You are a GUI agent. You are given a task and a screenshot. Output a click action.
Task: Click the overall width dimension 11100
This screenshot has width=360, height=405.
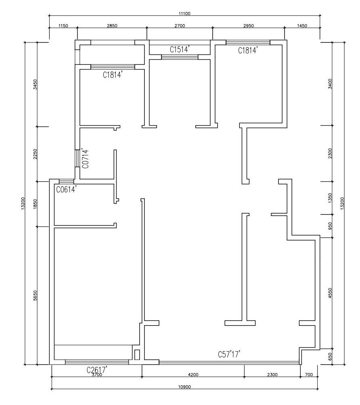click(185, 13)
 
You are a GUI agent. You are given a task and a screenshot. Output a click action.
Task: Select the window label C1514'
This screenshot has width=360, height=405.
click(180, 49)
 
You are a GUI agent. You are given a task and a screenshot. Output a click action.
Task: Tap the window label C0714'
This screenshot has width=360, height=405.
click(85, 159)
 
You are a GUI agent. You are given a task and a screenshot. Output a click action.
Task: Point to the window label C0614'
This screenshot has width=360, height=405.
click(66, 190)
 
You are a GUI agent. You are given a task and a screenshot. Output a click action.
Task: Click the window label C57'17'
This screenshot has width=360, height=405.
click(229, 354)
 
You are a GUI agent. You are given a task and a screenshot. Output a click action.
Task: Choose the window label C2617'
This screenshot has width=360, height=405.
click(97, 370)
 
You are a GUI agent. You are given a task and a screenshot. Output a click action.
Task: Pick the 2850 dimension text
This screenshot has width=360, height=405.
click(112, 26)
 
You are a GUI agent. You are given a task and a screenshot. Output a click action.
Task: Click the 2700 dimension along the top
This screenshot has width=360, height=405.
click(180, 26)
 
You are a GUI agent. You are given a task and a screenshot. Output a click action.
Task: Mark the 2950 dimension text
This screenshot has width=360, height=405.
click(249, 26)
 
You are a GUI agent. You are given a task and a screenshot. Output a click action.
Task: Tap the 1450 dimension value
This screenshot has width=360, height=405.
click(302, 26)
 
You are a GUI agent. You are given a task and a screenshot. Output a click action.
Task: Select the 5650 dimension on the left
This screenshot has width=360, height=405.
click(36, 296)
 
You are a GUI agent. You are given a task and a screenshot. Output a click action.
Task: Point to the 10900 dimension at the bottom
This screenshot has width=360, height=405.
click(185, 387)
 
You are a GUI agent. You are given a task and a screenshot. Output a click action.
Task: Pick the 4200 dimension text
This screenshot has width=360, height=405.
click(193, 375)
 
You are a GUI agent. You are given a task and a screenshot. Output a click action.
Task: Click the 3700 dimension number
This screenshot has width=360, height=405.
click(97, 375)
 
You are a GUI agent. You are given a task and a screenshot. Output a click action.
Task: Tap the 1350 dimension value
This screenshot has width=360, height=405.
click(330, 198)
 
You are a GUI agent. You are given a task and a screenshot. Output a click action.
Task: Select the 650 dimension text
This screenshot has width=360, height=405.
click(330, 357)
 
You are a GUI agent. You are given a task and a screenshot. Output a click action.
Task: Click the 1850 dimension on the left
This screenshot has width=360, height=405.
click(36, 204)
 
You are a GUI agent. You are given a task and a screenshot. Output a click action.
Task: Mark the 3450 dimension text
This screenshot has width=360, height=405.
click(36, 84)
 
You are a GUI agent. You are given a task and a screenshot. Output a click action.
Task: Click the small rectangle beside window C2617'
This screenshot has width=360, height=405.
click(137, 355)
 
